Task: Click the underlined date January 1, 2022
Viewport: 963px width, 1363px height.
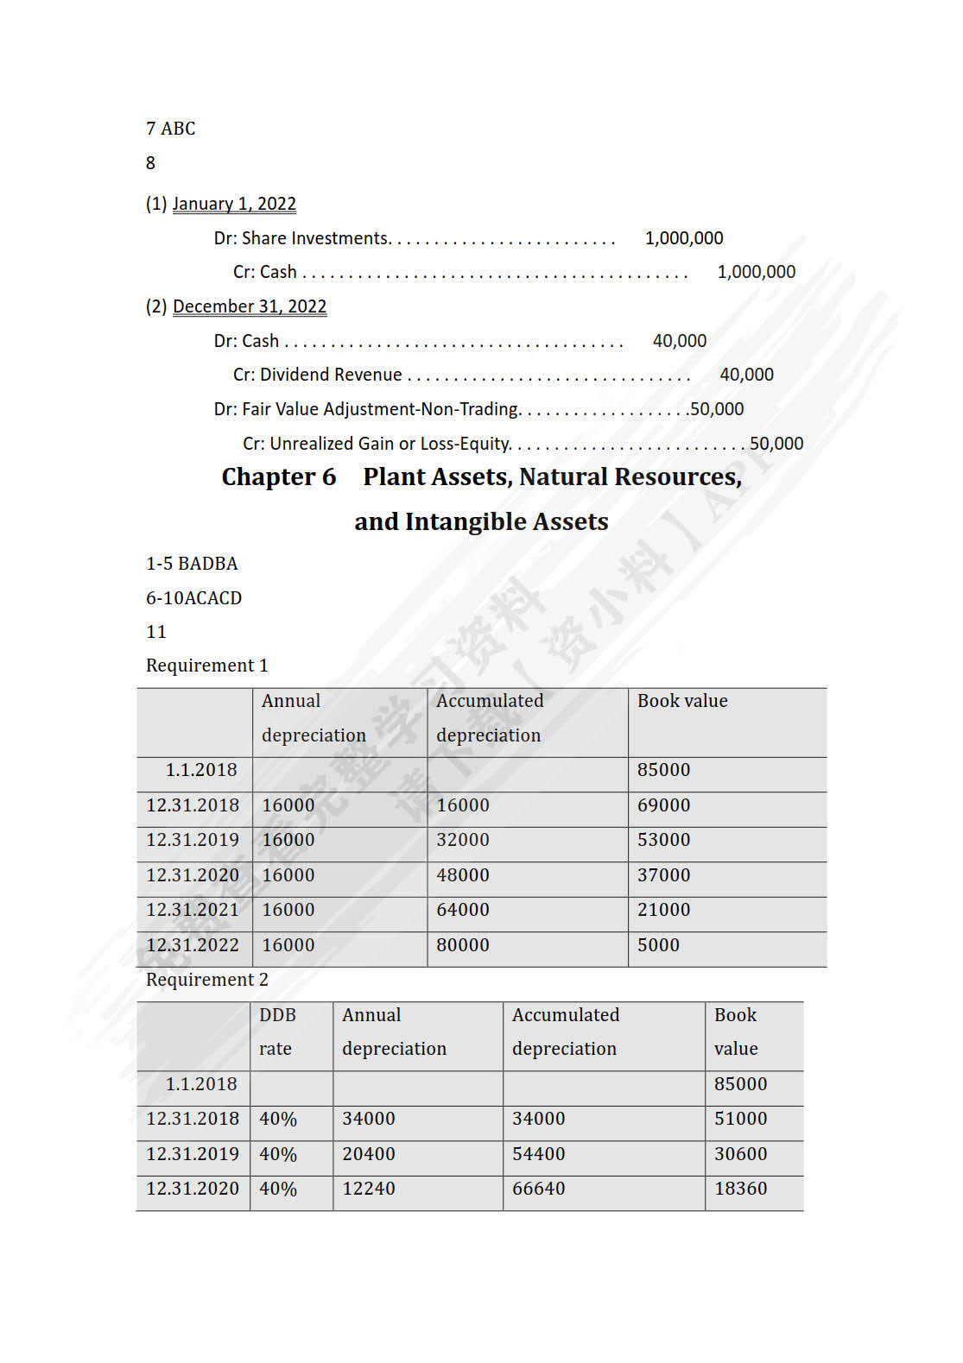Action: (x=234, y=204)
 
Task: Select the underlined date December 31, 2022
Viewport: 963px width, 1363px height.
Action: (x=250, y=306)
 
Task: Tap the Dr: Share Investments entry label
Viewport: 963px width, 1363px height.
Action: (x=302, y=238)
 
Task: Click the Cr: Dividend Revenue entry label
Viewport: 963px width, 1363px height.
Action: (x=317, y=375)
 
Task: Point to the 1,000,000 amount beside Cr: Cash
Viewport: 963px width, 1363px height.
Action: (x=756, y=272)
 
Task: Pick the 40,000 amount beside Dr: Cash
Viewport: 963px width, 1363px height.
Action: (x=679, y=341)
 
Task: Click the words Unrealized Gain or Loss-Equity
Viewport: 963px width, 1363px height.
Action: (x=390, y=444)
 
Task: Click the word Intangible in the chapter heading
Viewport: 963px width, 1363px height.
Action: (x=461, y=522)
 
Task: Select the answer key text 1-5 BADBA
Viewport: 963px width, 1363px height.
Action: (x=192, y=564)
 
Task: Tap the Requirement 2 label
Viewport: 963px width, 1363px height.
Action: (x=207, y=980)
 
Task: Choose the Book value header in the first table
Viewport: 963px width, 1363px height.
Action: (x=682, y=701)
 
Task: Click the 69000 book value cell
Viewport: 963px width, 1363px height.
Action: (x=663, y=805)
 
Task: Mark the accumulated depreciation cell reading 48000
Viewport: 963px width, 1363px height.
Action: (x=463, y=875)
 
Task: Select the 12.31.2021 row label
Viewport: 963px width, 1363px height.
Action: (x=193, y=910)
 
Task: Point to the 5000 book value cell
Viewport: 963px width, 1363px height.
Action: (x=658, y=945)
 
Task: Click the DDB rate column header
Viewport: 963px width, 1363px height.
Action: (x=277, y=1032)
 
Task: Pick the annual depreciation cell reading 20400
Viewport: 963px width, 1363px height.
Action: (x=369, y=1154)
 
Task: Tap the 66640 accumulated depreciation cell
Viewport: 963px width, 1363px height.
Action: (x=538, y=1189)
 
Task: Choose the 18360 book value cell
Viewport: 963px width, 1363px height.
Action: (x=740, y=1189)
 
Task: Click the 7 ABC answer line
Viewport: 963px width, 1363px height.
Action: (x=171, y=129)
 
